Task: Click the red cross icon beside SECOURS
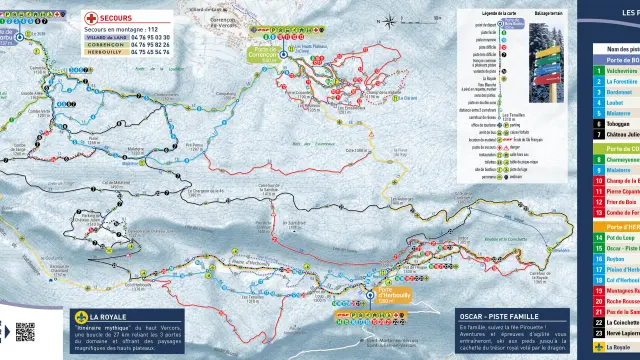[91, 18]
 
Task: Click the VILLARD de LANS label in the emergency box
[104, 37]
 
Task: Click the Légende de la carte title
[480, 12]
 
